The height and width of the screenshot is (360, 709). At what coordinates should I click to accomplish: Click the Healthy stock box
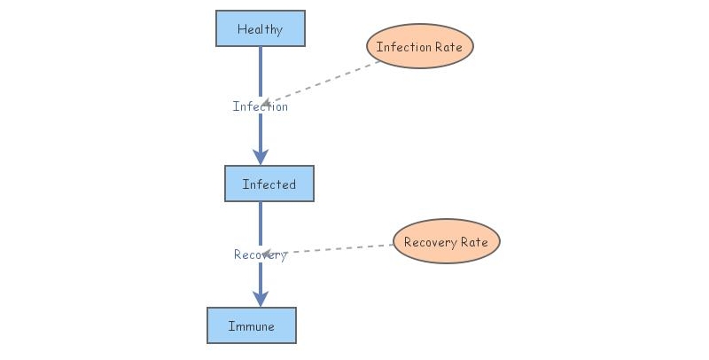pos(261,28)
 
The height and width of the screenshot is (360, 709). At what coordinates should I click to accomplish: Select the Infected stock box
pos(269,184)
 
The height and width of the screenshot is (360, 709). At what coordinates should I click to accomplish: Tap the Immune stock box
pos(251,325)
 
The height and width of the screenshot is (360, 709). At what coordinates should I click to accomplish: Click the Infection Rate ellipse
pos(420,46)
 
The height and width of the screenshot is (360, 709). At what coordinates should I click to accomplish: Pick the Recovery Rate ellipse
pos(446,242)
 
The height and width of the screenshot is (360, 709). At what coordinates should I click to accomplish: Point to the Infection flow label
pos(261,106)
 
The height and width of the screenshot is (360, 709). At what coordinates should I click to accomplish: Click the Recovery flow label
pos(261,254)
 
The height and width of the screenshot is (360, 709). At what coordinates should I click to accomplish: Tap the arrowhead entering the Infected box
pos(261,156)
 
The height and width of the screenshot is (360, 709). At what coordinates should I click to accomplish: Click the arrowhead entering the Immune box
pos(261,298)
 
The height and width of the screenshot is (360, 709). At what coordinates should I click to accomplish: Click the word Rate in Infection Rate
pos(448,47)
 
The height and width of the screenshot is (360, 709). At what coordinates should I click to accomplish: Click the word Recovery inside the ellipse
pos(429,242)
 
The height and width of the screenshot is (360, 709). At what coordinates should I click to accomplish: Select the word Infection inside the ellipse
pos(403,47)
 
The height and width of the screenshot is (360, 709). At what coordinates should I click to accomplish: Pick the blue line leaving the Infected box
pos(261,222)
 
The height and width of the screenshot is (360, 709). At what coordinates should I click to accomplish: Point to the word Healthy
pos(261,29)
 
